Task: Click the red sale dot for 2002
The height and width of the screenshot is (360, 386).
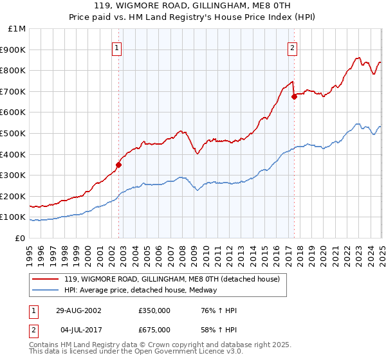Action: click(119, 165)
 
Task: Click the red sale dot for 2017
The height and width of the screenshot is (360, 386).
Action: click(294, 96)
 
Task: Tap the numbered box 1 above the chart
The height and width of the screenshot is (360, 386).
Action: click(117, 48)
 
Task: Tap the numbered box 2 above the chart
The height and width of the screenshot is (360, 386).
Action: click(292, 48)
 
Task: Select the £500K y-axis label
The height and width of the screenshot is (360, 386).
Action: click(14, 133)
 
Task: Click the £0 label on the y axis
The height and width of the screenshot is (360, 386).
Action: click(20, 238)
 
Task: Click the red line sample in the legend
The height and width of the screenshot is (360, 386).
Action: click(45, 280)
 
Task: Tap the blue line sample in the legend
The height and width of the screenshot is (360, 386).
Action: click(45, 290)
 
